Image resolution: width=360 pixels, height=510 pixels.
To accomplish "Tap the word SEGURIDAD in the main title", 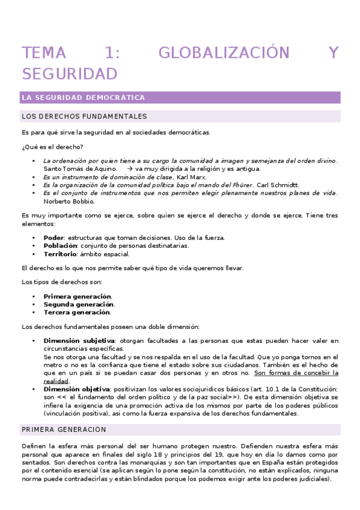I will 69,74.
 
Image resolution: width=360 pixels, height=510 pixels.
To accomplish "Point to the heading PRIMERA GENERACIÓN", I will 64,429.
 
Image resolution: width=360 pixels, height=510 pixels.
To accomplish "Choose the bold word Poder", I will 53,238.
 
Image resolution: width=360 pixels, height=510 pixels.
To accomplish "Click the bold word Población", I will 60,245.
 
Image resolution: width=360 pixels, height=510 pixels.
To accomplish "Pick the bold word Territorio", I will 61,253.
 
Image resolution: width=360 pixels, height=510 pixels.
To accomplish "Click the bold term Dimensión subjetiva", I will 79,341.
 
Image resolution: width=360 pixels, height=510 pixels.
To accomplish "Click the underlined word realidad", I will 56,381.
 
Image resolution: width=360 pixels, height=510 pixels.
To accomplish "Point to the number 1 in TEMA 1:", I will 112,53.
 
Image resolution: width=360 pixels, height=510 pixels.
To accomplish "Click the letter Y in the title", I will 334,53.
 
